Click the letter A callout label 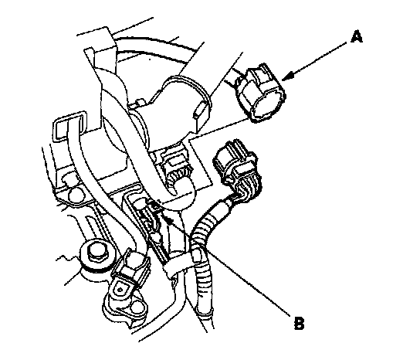(356, 37)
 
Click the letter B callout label (299, 323)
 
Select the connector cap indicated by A (260, 93)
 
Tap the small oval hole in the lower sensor (120, 290)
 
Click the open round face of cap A (268, 109)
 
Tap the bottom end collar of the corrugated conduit (205, 314)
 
